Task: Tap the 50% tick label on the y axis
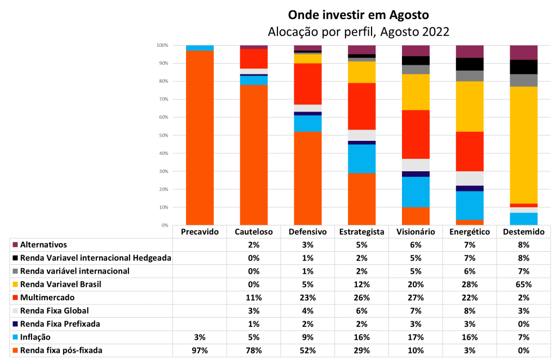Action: tap(163, 135)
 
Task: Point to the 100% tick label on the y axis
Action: tap(162, 45)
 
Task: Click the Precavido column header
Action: tap(200, 232)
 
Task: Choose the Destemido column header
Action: tap(524, 232)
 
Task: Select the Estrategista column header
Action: tap(362, 232)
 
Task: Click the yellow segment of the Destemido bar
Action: tap(524, 145)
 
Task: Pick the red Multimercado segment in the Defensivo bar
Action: tap(308, 84)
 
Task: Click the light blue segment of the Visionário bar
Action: tap(416, 192)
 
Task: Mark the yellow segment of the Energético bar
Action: tap(470, 107)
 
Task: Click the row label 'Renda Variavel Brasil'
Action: tap(60, 284)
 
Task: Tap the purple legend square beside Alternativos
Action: tap(15, 245)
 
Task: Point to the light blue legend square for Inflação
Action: tap(15, 338)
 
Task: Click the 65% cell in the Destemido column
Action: tap(524, 284)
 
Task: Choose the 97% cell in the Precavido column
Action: tap(200, 351)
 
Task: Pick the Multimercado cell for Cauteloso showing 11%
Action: tap(254, 298)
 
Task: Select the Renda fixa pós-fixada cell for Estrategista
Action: tap(362, 351)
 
